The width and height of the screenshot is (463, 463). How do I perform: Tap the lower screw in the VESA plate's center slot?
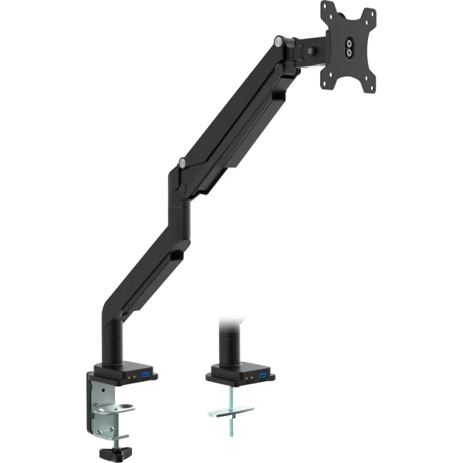coord(350,53)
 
